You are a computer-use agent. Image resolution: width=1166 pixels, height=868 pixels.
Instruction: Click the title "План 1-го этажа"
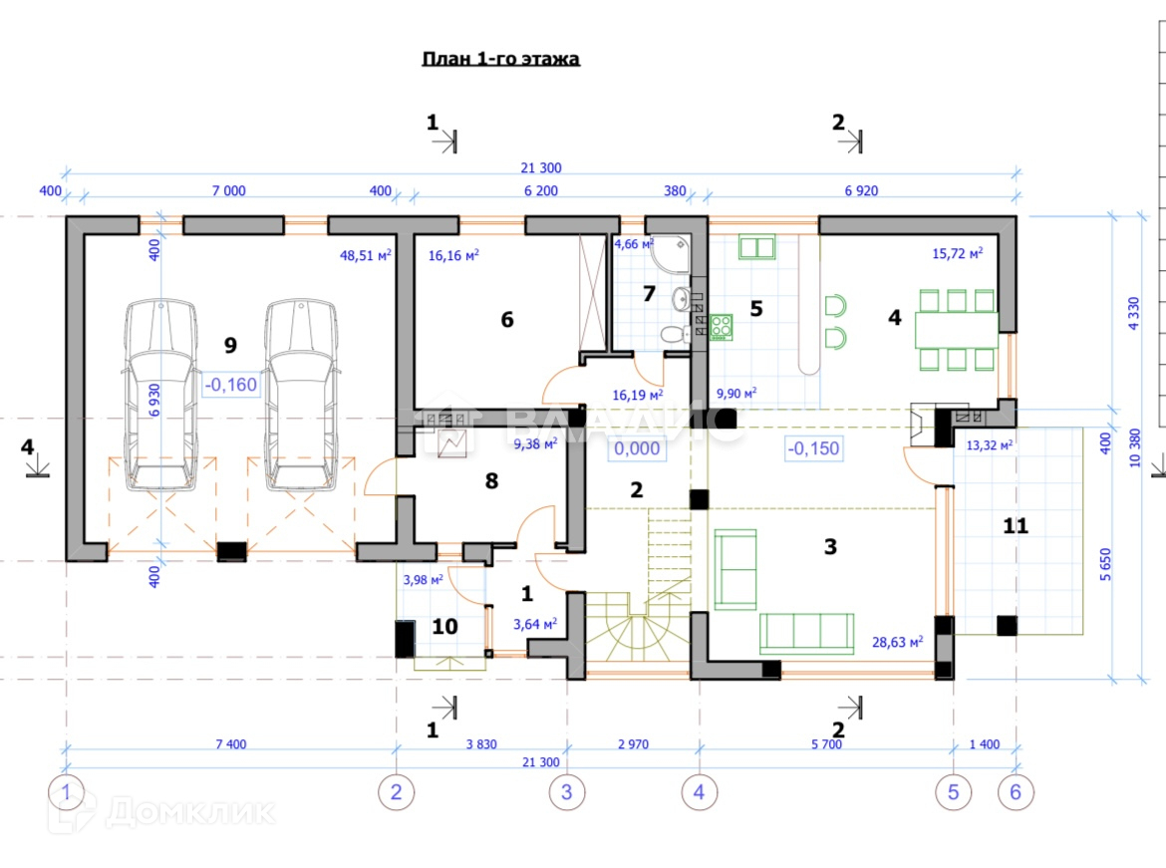pyautogui.click(x=501, y=59)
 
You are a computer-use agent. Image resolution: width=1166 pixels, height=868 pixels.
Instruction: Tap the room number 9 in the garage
pyautogui.click(x=230, y=346)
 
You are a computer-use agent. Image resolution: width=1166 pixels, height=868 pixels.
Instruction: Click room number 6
pyautogui.click(x=506, y=319)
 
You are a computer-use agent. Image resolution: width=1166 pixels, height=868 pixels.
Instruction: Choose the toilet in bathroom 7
pyautogui.click(x=674, y=335)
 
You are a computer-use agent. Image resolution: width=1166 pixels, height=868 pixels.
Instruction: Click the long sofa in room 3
pyautogui.click(x=807, y=633)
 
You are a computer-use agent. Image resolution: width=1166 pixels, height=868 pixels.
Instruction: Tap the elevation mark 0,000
pyautogui.click(x=637, y=448)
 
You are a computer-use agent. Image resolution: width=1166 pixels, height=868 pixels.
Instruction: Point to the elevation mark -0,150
pyautogui.click(x=812, y=448)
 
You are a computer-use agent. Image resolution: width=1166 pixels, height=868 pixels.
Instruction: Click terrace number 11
pyautogui.click(x=1015, y=526)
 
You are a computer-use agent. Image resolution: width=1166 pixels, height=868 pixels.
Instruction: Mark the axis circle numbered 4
pyautogui.click(x=699, y=792)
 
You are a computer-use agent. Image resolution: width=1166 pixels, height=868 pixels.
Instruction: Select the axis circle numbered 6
pyautogui.click(x=1016, y=792)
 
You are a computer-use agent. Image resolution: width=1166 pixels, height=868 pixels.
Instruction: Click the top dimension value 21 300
pyautogui.click(x=541, y=166)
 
